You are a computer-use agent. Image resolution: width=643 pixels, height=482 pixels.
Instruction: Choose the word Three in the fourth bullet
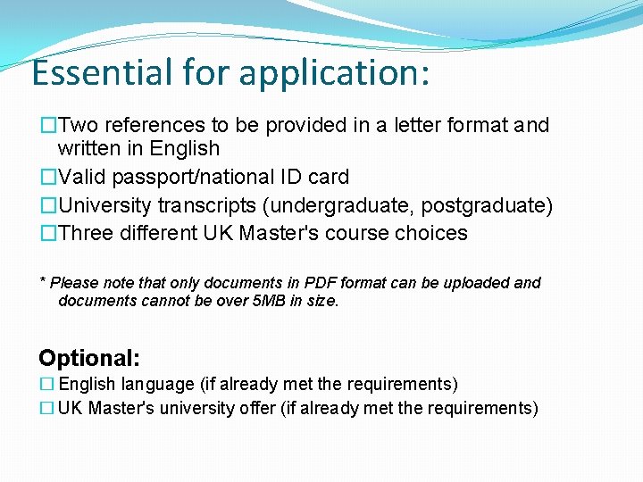[x=86, y=234]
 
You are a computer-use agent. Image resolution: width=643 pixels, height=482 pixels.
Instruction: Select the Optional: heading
[x=89, y=359]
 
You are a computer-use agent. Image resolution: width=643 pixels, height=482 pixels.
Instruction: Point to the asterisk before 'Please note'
[x=43, y=282]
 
